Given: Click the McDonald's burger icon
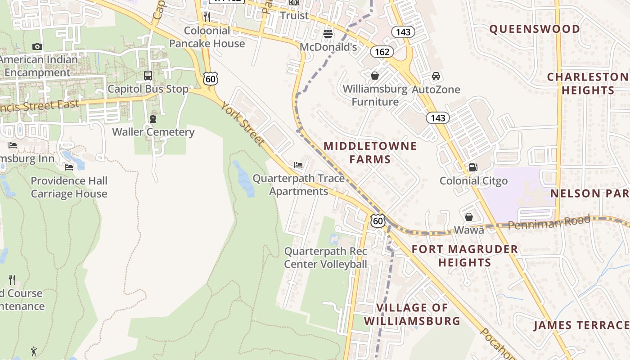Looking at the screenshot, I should pos(328,34).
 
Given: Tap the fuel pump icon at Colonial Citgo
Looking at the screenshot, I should pos(473,167).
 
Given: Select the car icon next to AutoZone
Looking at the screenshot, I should pos(436,76).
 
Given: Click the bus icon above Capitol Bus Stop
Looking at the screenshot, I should pos(148,76).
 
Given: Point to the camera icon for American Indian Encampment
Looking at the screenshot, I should pos(37,46).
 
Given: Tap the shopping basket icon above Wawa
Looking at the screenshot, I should pos(469,217).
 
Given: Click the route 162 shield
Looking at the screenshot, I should pos(382,52).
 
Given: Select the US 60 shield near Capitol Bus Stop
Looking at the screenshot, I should pos(210,79).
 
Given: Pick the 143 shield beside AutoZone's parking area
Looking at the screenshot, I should pos(437,118).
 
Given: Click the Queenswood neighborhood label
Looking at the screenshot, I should pos(535,29).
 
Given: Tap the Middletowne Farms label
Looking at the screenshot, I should pos(370,153).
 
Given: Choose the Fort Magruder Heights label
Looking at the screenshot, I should pos(464,256).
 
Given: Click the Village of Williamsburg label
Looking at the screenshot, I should pos(412,314).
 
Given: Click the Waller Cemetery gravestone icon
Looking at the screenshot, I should pos(153,119).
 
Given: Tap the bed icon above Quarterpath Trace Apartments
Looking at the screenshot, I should pos(298,165).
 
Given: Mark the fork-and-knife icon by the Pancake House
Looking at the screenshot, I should pos(207,17).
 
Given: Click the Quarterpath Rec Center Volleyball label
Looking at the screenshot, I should pos(326,257).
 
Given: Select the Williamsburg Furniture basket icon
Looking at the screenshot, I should pos(374,76).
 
